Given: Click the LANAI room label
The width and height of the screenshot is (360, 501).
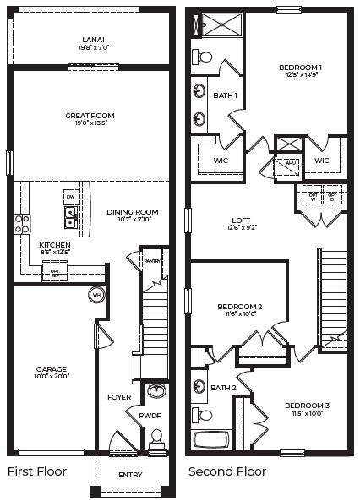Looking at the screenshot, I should pyautogui.click(x=93, y=40).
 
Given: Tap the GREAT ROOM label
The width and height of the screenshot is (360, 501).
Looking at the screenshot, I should pyautogui.click(x=90, y=116).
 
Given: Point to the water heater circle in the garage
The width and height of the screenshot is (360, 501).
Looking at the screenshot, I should pyautogui.click(x=96, y=295).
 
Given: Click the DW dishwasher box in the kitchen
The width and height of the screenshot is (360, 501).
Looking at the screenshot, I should pyautogui.click(x=71, y=198).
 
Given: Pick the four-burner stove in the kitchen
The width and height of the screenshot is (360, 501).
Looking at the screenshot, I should pyautogui.click(x=22, y=223).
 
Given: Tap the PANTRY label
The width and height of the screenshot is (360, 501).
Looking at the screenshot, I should pyautogui.click(x=152, y=261).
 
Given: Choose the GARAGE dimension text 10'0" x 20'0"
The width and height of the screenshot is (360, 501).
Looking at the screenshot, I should pyautogui.click(x=52, y=376).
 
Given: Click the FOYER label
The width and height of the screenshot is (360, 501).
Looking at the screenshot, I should pyautogui.click(x=118, y=395).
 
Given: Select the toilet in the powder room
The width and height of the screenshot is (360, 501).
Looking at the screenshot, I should pyautogui.click(x=155, y=439).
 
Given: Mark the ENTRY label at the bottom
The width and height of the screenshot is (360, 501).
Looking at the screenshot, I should pyautogui.click(x=130, y=474).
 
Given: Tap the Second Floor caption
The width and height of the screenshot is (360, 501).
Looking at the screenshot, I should pyautogui.click(x=226, y=471).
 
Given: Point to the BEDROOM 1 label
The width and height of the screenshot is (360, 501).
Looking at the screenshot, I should pyautogui.click(x=300, y=67).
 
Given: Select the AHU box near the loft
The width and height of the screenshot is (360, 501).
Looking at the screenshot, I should pyautogui.click(x=290, y=163).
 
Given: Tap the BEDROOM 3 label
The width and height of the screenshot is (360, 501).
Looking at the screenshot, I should pyautogui.click(x=307, y=405).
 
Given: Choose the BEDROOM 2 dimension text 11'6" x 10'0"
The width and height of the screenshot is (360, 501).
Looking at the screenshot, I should pyautogui.click(x=239, y=314).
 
